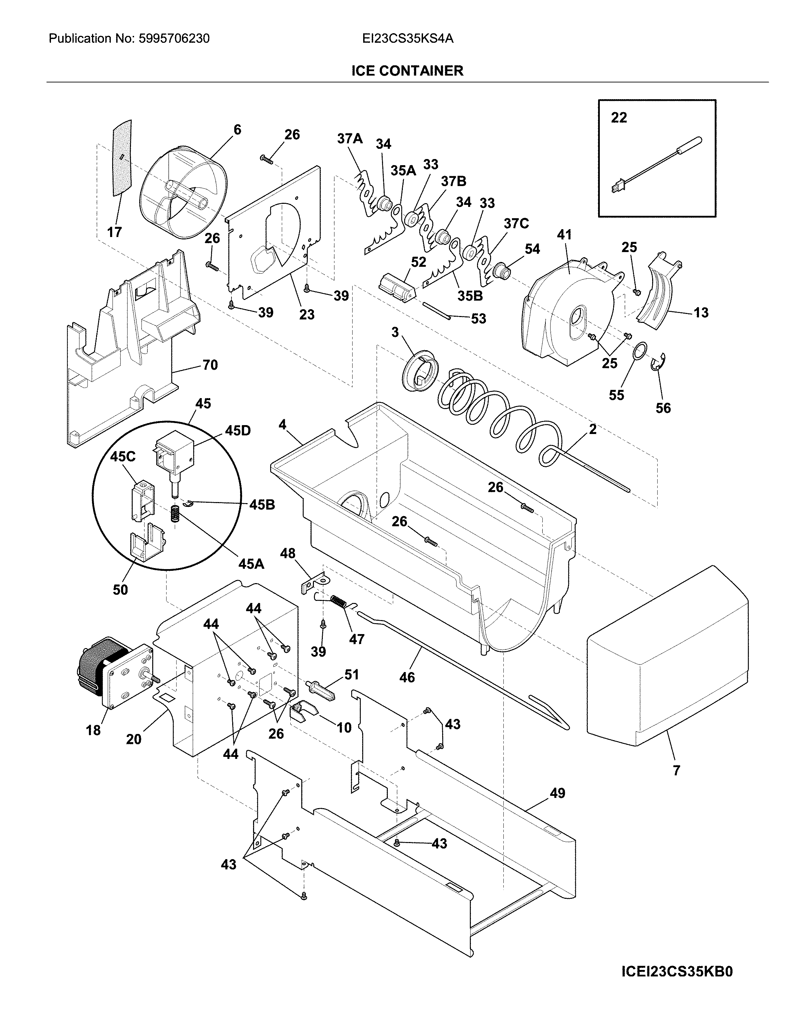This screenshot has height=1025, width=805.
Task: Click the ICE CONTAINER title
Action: [x=407, y=71]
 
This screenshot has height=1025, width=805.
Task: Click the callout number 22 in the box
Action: [x=619, y=117]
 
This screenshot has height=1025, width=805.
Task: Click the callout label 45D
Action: [x=238, y=430]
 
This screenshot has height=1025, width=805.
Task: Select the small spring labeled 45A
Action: [x=175, y=513]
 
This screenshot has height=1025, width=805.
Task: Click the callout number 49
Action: [x=557, y=793]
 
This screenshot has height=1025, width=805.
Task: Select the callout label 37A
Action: [x=350, y=138]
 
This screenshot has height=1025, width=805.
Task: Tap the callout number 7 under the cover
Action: [x=676, y=771]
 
